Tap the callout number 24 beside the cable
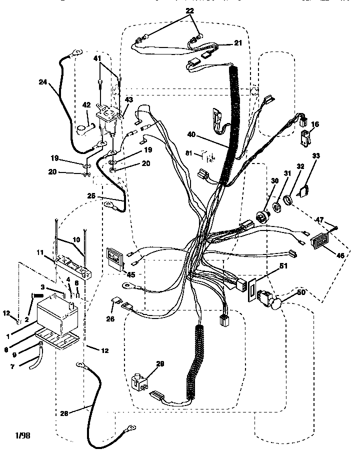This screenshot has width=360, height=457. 43,83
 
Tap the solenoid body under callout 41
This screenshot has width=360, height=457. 107,119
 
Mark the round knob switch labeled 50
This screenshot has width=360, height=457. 272,301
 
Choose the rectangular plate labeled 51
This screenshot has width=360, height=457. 251,290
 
